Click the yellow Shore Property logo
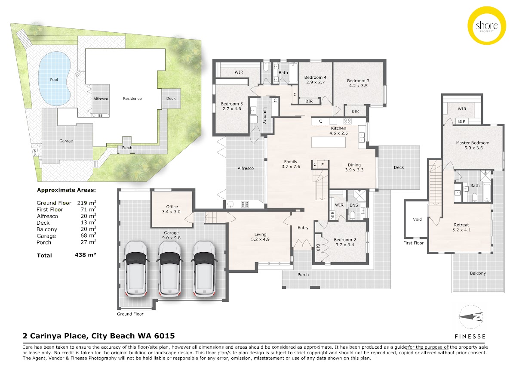[x=486, y=25]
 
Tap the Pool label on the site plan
[x=54, y=80]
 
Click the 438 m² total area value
[x=85, y=255]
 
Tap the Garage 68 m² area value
[x=86, y=235]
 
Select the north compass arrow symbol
[x=471, y=317]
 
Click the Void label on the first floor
[x=417, y=219]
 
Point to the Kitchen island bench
[x=328, y=142]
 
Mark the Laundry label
[x=265, y=115]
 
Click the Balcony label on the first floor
[x=478, y=273]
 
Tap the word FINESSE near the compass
[x=470, y=337]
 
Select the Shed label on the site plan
[x=35, y=152]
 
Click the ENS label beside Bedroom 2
[x=353, y=205]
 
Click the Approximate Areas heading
[x=66, y=190]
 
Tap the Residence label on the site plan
[x=132, y=99]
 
